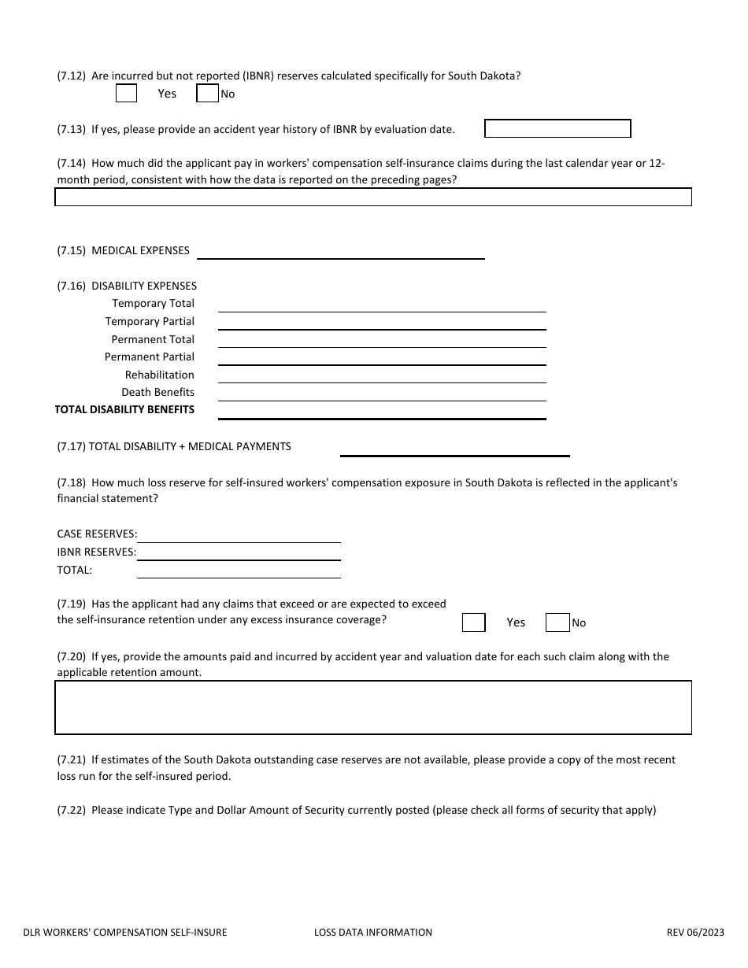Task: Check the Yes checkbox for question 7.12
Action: point(126,94)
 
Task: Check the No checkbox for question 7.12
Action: point(207,94)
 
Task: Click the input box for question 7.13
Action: point(557,128)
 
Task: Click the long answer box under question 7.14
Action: point(372,197)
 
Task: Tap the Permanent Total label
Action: point(153,339)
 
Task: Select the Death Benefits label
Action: point(157,392)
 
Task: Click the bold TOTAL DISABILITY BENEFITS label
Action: point(124,409)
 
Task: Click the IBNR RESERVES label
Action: point(96,552)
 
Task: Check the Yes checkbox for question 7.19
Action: point(473,623)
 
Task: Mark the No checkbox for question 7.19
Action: point(557,623)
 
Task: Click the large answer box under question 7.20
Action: point(372,708)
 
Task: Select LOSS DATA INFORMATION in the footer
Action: point(372,933)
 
